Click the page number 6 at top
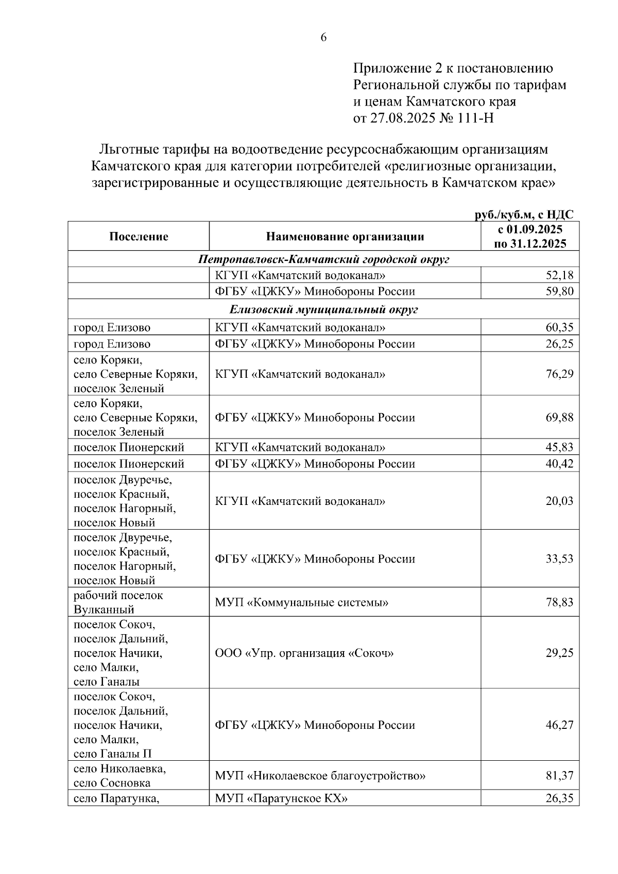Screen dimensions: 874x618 point(323,38)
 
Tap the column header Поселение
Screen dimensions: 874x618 point(139,236)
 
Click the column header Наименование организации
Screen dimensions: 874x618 point(345,236)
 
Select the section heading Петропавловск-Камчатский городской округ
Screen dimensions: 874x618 point(323,259)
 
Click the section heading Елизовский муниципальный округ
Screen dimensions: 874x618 point(323,310)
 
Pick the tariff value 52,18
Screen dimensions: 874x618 point(559,275)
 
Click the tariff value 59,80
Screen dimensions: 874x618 point(559,292)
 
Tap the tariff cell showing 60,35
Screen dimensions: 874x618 point(559,327)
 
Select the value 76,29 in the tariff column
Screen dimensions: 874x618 point(559,374)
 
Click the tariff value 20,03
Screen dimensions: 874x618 point(559,501)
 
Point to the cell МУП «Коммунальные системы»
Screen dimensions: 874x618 point(301,602)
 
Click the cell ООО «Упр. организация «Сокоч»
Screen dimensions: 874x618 point(304,653)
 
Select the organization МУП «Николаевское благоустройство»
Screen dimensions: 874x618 point(320,776)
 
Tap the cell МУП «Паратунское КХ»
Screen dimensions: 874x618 point(281,798)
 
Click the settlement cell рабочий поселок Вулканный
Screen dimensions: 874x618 point(118,602)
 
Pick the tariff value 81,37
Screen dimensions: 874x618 point(559,776)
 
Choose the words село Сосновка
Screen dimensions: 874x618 point(112,783)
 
